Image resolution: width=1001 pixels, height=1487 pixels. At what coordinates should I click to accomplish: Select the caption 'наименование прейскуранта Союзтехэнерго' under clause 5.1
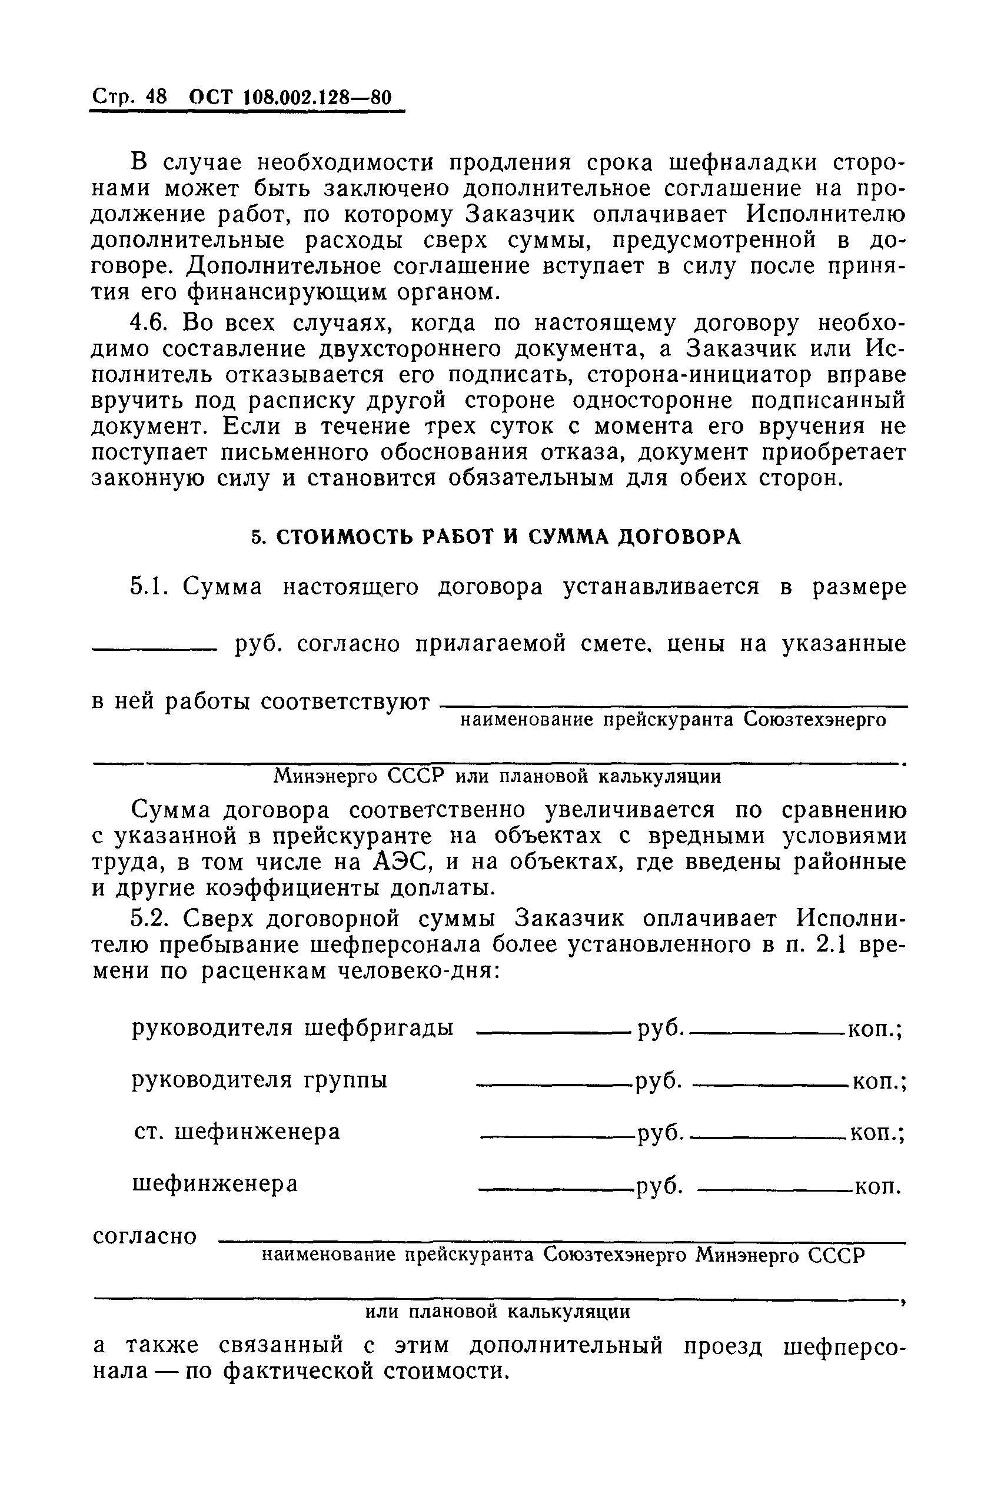[673, 720]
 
